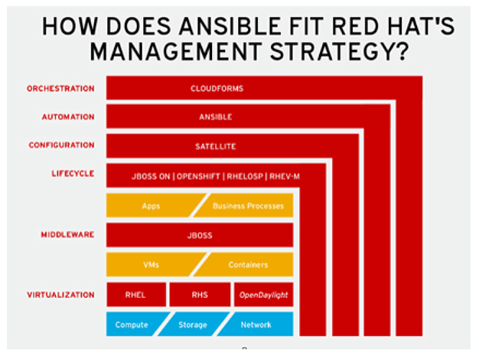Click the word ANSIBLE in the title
[x=230, y=26]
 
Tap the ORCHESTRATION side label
[x=60, y=89]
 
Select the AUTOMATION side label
[x=68, y=117]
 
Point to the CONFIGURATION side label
[x=62, y=145]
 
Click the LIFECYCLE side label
[x=73, y=173]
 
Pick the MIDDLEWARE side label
[x=67, y=234]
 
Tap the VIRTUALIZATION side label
[x=60, y=295]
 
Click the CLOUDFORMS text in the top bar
[x=217, y=89]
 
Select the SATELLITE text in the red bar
[x=216, y=146]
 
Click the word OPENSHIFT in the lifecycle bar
[x=198, y=176]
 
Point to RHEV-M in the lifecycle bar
[x=285, y=176]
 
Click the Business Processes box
[x=243, y=205]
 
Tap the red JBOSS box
[x=200, y=235]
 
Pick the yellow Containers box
[x=243, y=264]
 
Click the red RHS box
[x=200, y=295]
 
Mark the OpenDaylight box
[x=264, y=295]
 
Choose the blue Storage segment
[x=194, y=324]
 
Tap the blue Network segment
[x=256, y=324]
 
